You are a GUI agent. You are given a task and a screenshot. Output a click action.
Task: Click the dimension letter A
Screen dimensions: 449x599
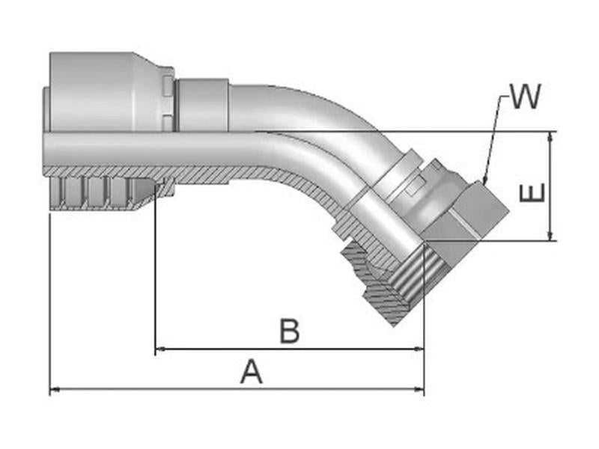(x=252, y=371)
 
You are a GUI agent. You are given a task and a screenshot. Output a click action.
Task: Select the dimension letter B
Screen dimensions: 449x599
(x=290, y=331)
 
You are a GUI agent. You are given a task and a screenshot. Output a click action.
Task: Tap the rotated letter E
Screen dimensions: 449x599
(x=532, y=193)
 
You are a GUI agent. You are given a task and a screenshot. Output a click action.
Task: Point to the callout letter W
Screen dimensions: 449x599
(x=524, y=97)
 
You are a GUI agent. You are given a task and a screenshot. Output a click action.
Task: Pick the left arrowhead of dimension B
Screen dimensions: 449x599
(x=159, y=349)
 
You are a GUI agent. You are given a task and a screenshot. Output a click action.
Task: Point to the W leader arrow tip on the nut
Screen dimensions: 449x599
(x=484, y=183)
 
